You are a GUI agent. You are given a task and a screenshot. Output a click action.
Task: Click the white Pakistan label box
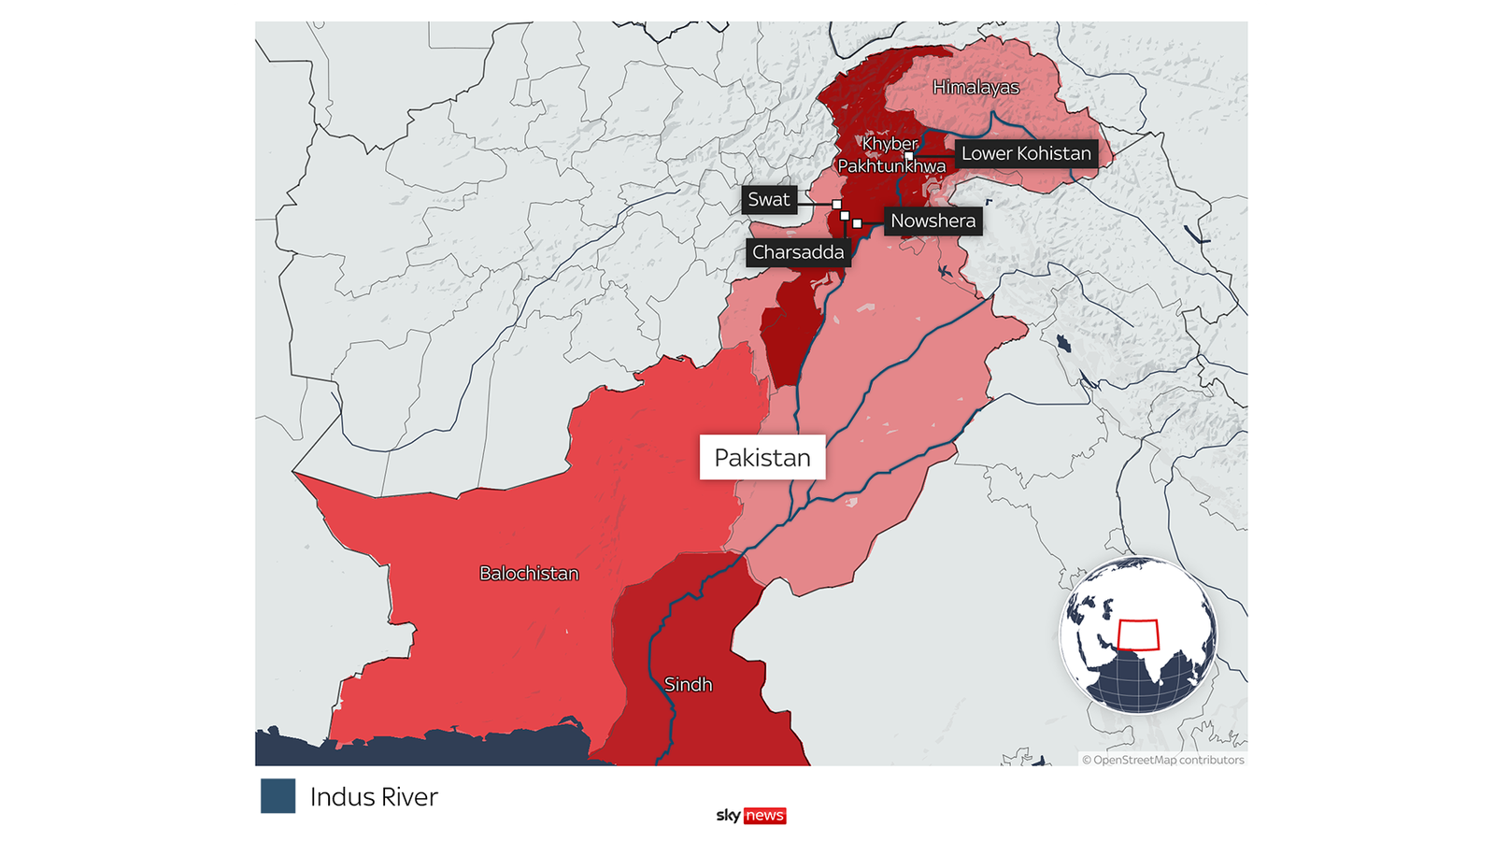coord(762,458)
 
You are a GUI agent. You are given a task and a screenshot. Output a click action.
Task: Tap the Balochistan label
coord(529,573)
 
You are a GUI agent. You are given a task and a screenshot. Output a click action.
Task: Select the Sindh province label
coord(689,684)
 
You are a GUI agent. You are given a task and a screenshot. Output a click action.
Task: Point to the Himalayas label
coord(975,87)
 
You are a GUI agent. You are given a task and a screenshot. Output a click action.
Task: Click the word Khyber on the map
coord(890,143)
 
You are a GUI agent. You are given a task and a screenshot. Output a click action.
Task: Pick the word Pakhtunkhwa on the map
coord(891,165)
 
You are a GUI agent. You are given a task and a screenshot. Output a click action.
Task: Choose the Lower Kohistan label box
coord(1026,153)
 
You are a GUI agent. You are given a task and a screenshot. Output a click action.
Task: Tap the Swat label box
coord(769,199)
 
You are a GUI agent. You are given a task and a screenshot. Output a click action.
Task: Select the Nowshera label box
coord(933,221)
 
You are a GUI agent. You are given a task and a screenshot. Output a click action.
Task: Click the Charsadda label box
coord(798,252)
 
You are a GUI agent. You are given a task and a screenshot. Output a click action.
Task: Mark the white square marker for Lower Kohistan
coord(909,156)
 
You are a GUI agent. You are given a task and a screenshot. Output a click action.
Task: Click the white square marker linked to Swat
coord(836,204)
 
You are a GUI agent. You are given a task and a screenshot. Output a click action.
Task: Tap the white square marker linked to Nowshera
coord(857,223)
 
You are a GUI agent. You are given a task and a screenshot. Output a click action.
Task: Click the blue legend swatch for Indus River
coord(278,796)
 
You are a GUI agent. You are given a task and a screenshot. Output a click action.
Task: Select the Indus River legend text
coord(374,797)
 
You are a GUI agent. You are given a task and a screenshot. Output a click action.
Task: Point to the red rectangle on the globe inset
coord(1138,635)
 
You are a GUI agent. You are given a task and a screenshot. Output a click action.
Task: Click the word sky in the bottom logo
coord(728,816)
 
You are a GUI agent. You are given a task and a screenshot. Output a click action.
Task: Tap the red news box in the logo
coord(764,816)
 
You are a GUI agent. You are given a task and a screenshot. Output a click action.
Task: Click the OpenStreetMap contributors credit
coord(1163,760)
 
